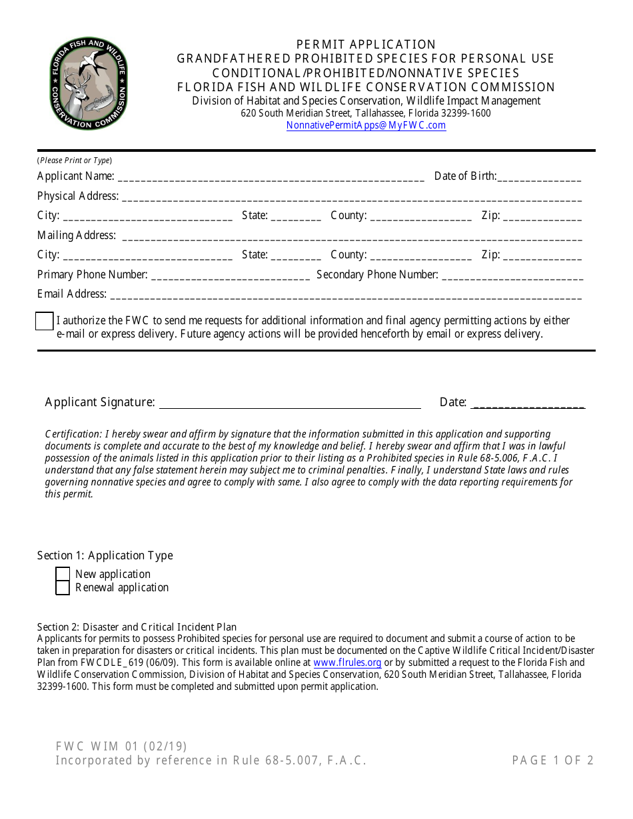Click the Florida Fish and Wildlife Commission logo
(88, 84)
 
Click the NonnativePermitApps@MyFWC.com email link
(366, 125)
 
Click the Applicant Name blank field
(271, 177)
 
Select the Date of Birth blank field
(539, 177)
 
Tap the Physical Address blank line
(351, 197)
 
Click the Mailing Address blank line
(351, 236)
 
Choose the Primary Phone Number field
(231, 276)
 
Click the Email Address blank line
(345, 295)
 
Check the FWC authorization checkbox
(44, 321)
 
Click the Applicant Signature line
(290, 404)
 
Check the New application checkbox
(63, 574)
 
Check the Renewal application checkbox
(63, 588)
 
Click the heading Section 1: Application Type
(105, 555)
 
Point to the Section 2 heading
(137, 627)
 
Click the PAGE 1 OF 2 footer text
(552, 760)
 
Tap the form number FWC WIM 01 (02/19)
(121, 746)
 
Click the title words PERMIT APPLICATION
(366, 45)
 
